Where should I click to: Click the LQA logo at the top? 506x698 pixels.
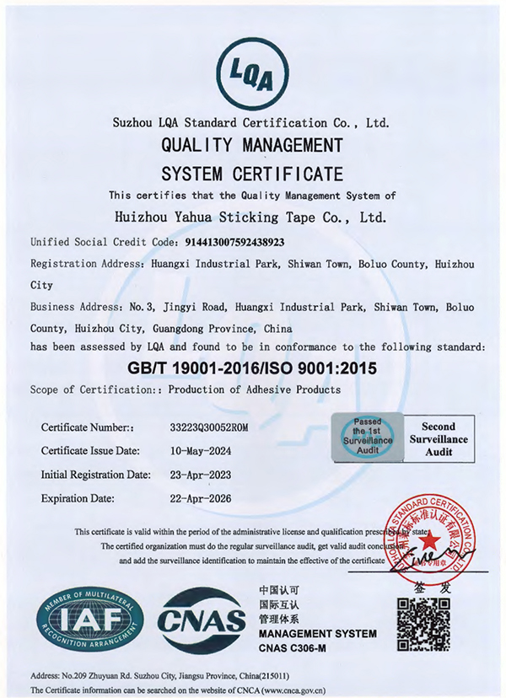pyautogui.click(x=251, y=74)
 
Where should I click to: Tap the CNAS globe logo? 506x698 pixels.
pyautogui.click(x=202, y=622)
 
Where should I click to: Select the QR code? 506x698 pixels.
pyautogui.click(x=423, y=625)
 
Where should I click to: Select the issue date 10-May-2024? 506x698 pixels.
pyautogui.click(x=197, y=452)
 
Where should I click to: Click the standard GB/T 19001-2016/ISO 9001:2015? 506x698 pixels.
pyautogui.click(x=252, y=368)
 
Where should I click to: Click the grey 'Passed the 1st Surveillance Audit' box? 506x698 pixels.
pyautogui.click(x=367, y=436)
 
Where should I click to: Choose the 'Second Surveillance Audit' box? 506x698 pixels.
pyautogui.click(x=438, y=439)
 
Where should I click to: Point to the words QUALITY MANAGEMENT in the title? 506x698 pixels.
pyautogui.click(x=251, y=145)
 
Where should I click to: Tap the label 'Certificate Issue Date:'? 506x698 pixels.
pyautogui.click(x=94, y=452)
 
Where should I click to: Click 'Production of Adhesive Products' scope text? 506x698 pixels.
pyautogui.click(x=254, y=389)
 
